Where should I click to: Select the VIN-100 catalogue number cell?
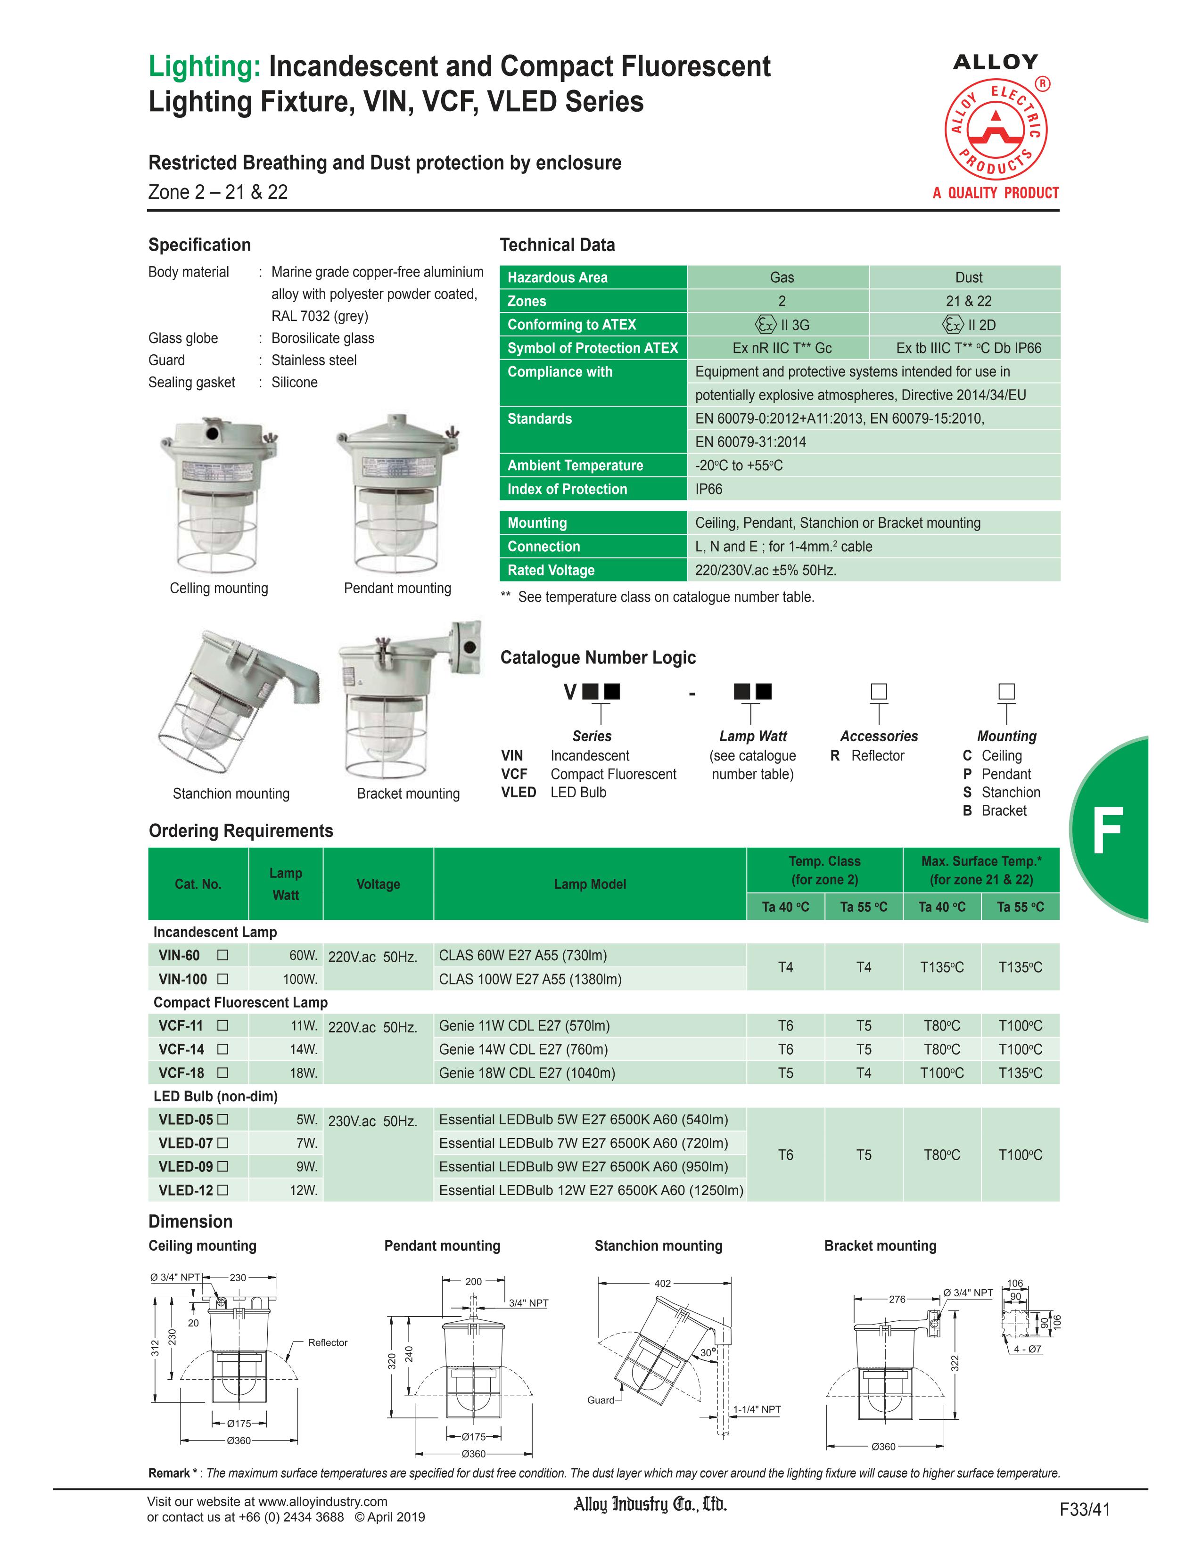click(183, 979)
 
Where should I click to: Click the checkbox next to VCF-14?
click(223, 1049)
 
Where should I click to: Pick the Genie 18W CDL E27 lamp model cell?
click(527, 1073)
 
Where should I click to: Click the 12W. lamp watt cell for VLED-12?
click(304, 1190)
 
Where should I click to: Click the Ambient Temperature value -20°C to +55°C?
click(739, 466)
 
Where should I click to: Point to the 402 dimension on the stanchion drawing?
click(662, 1283)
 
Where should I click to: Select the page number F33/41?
click(1085, 1509)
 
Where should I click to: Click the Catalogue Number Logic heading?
click(598, 657)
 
